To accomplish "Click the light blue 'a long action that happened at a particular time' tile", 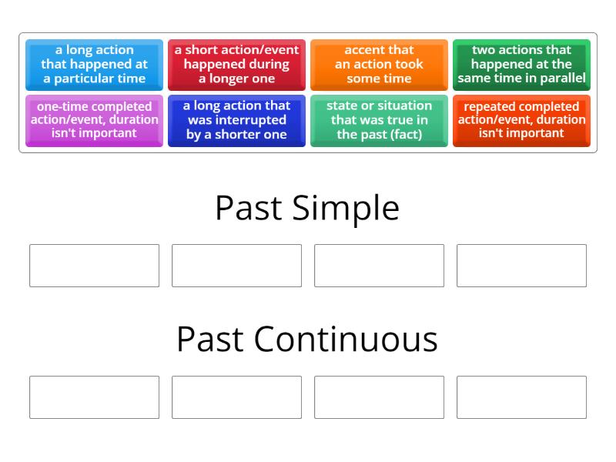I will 94,65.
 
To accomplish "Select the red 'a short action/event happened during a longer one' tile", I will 236,65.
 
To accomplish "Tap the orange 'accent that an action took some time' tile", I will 379,65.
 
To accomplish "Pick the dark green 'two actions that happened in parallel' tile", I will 521,65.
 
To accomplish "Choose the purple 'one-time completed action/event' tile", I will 94,120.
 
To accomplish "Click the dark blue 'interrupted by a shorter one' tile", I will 236,120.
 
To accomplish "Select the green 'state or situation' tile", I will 379,120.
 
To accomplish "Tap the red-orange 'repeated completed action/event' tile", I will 521,120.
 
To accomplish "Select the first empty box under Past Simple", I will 94,266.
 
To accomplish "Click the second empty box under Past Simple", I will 236,266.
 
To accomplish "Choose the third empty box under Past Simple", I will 379,266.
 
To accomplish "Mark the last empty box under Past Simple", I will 521,266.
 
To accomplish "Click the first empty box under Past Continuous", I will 94,397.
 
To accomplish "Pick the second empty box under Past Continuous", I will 236,397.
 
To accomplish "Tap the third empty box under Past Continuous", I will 379,397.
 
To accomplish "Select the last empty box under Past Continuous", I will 521,397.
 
